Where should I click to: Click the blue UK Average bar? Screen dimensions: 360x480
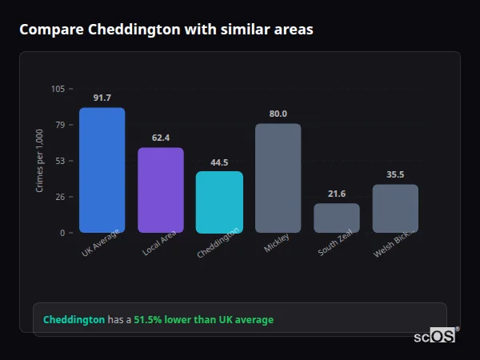102,170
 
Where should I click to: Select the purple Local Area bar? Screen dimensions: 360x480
160,190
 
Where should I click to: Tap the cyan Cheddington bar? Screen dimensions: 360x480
219,202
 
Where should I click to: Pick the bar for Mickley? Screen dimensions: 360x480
278,178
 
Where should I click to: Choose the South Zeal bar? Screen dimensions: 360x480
337,218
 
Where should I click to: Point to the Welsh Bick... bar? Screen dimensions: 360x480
395,208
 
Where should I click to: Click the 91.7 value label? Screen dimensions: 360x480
102,98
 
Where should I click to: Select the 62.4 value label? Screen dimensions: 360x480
160,138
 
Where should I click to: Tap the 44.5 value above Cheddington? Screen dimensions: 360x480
219,162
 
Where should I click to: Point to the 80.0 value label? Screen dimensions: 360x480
278,114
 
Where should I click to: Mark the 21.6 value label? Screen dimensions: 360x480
337,194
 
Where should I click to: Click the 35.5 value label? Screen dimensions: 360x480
395,174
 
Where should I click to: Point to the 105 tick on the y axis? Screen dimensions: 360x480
58,89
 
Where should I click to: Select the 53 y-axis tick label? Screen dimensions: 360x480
61,161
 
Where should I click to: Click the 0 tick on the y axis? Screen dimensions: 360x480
63,233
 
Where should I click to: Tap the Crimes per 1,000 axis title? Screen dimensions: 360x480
40,160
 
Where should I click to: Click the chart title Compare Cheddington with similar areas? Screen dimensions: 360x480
166,30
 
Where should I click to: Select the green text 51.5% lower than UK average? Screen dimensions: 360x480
203,320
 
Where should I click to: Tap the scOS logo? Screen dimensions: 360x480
434,336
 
